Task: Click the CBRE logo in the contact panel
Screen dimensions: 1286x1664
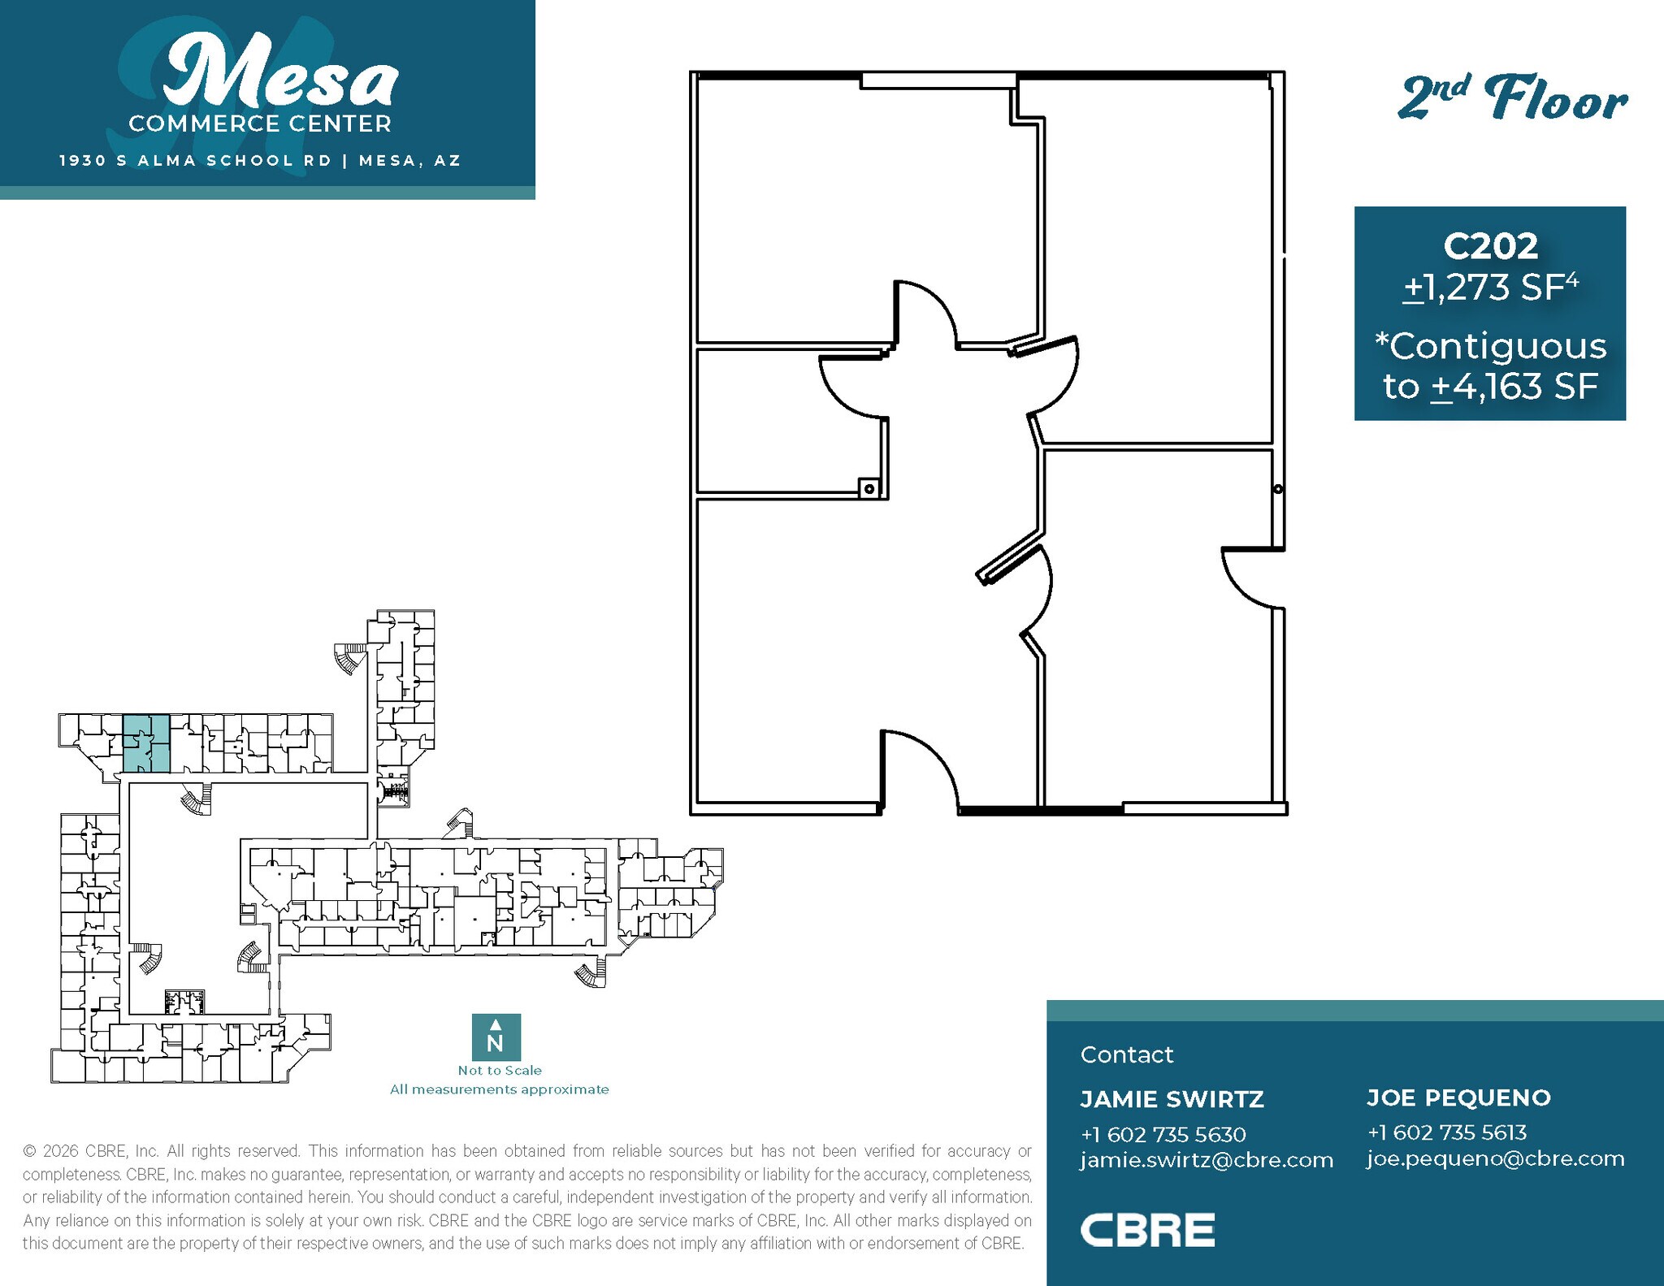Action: pyautogui.click(x=1146, y=1230)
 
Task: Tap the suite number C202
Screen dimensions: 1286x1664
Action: pyautogui.click(x=1490, y=246)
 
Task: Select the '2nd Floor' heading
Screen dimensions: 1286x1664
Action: pyautogui.click(x=1512, y=99)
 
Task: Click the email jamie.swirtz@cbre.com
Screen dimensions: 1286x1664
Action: pyautogui.click(x=1207, y=1160)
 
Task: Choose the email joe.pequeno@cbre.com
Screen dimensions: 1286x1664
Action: pyautogui.click(x=1495, y=1158)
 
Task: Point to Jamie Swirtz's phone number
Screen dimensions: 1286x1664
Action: pyautogui.click(x=1163, y=1134)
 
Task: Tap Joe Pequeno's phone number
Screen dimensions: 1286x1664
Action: pyautogui.click(x=1446, y=1132)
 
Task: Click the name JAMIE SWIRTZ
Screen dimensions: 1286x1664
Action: pyautogui.click(x=1172, y=1099)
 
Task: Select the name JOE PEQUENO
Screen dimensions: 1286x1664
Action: pyautogui.click(x=1458, y=1098)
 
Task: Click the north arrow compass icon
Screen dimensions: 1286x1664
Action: pyautogui.click(x=496, y=1037)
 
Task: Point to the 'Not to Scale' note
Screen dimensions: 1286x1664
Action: pyautogui.click(x=499, y=1071)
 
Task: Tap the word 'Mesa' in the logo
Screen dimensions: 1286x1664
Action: pyautogui.click(x=280, y=73)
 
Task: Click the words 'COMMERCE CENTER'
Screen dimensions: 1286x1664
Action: pyautogui.click(x=260, y=124)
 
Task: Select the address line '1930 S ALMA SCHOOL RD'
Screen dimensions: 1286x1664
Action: pyautogui.click(x=195, y=161)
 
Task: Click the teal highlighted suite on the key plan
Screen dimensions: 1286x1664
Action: pyautogui.click(x=146, y=743)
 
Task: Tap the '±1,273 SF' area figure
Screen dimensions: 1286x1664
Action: pyautogui.click(x=1490, y=288)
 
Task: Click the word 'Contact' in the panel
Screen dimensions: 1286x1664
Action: pyautogui.click(x=1126, y=1054)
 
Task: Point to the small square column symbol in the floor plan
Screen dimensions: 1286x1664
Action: pyautogui.click(x=869, y=488)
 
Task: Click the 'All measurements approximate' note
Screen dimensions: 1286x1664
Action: pyautogui.click(x=499, y=1089)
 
